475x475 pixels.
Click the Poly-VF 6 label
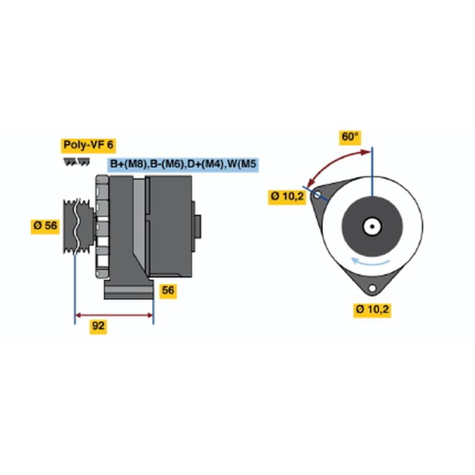(x=88, y=145)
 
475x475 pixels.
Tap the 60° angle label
(x=350, y=137)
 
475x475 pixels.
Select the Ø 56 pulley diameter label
(x=45, y=226)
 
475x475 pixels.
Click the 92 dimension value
(x=98, y=326)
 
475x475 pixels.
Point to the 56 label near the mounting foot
(x=168, y=290)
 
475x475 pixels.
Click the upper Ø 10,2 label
(x=287, y=197)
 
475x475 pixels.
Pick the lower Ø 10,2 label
(x=372, y=309)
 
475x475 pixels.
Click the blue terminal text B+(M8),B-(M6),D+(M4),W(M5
(x=183, y=164)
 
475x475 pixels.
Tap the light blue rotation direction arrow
(x=370, y=261)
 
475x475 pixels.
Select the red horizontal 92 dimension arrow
(x=114, y=315)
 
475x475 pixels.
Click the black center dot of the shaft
(x=372, y=226)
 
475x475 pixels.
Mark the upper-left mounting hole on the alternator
(x=317, y=195)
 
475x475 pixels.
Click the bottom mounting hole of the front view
(x=372, y=288)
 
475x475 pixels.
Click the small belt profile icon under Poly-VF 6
(x=77, y=161)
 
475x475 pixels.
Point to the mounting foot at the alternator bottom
(x=129, y=289)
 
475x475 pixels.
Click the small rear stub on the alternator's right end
(x=198, y=226)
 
